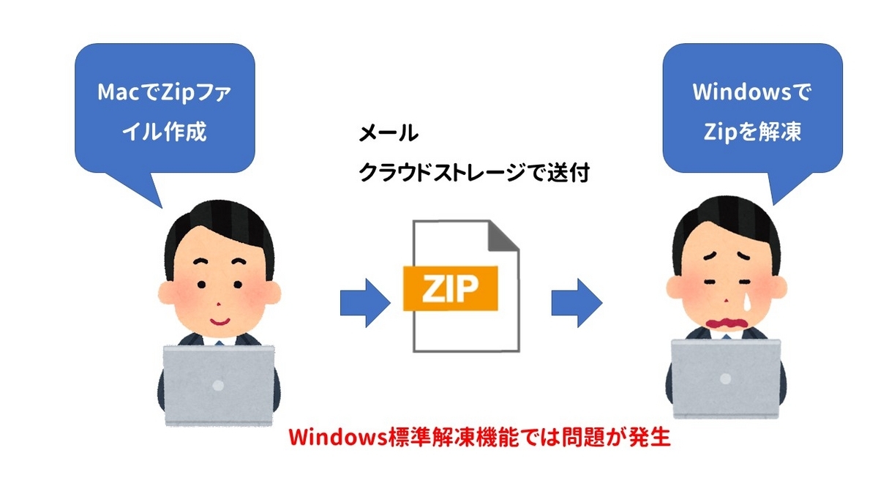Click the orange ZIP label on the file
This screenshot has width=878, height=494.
(x=449, y=288)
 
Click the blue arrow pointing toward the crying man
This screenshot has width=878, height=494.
(x=576, y=301)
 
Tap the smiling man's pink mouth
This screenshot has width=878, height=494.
(x=219, y=320)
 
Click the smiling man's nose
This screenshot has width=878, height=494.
(x=217, y=301)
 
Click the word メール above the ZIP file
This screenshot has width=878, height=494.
(x=389, y=134)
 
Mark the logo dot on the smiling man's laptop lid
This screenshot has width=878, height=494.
(x=217, y=383)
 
